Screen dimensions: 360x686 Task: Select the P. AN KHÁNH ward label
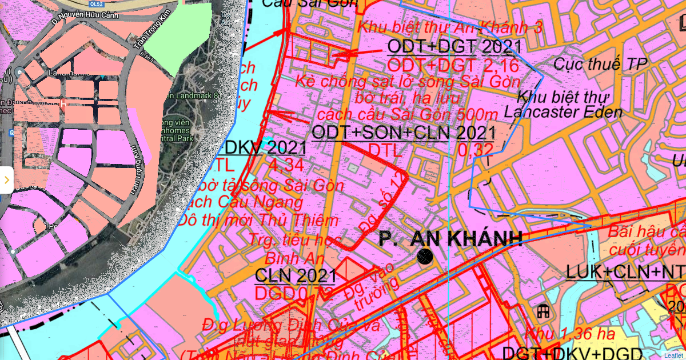point(450,238)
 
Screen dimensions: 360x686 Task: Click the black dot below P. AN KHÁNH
point(425,257)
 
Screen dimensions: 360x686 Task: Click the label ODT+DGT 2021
point(454,46)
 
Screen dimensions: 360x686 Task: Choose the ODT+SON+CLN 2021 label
point(403,133)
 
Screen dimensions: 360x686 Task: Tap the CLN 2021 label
point(295,275)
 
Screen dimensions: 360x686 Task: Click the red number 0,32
point(475,150)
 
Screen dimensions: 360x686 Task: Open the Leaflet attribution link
point(673,355)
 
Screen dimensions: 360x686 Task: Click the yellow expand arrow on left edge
point(6,180)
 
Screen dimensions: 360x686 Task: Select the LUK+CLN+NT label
point(626,272)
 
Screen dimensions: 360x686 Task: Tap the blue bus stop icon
point(12,133)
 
